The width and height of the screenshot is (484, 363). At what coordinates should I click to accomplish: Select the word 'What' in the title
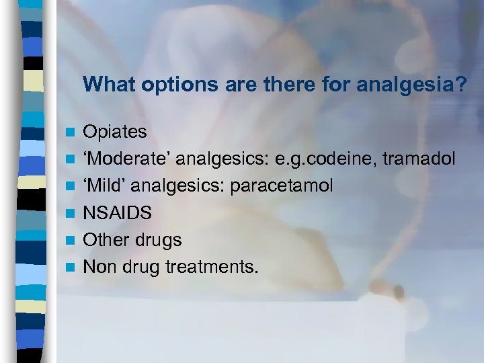[104, 85]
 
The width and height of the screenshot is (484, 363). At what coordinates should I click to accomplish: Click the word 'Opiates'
[114, 132]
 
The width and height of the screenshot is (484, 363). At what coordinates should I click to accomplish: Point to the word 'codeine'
[352, 159]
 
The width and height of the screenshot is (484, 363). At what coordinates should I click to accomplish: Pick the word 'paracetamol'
[282, 186]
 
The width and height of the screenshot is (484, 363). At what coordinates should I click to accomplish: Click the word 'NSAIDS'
[118, 213]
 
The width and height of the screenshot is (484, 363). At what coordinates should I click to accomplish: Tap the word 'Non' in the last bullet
[98, 268]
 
